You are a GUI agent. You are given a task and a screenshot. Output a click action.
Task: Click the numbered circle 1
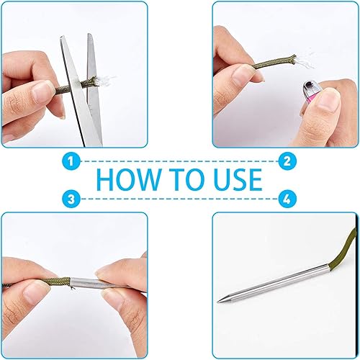pos(71,161)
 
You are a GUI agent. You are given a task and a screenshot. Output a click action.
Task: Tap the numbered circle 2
pos(287,161)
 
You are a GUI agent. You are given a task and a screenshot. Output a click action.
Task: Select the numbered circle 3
pos(71,199)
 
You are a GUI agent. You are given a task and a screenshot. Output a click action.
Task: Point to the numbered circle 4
pos(287,199)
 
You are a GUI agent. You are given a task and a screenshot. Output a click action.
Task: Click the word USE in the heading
pos(238,179)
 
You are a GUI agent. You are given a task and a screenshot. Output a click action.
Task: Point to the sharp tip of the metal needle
pos(218,302)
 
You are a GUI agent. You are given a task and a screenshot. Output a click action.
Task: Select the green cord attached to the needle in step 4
pos(341,250)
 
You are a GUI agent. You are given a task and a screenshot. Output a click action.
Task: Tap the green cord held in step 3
pos(58,282)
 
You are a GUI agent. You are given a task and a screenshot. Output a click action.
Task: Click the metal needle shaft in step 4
pos(274,283)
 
